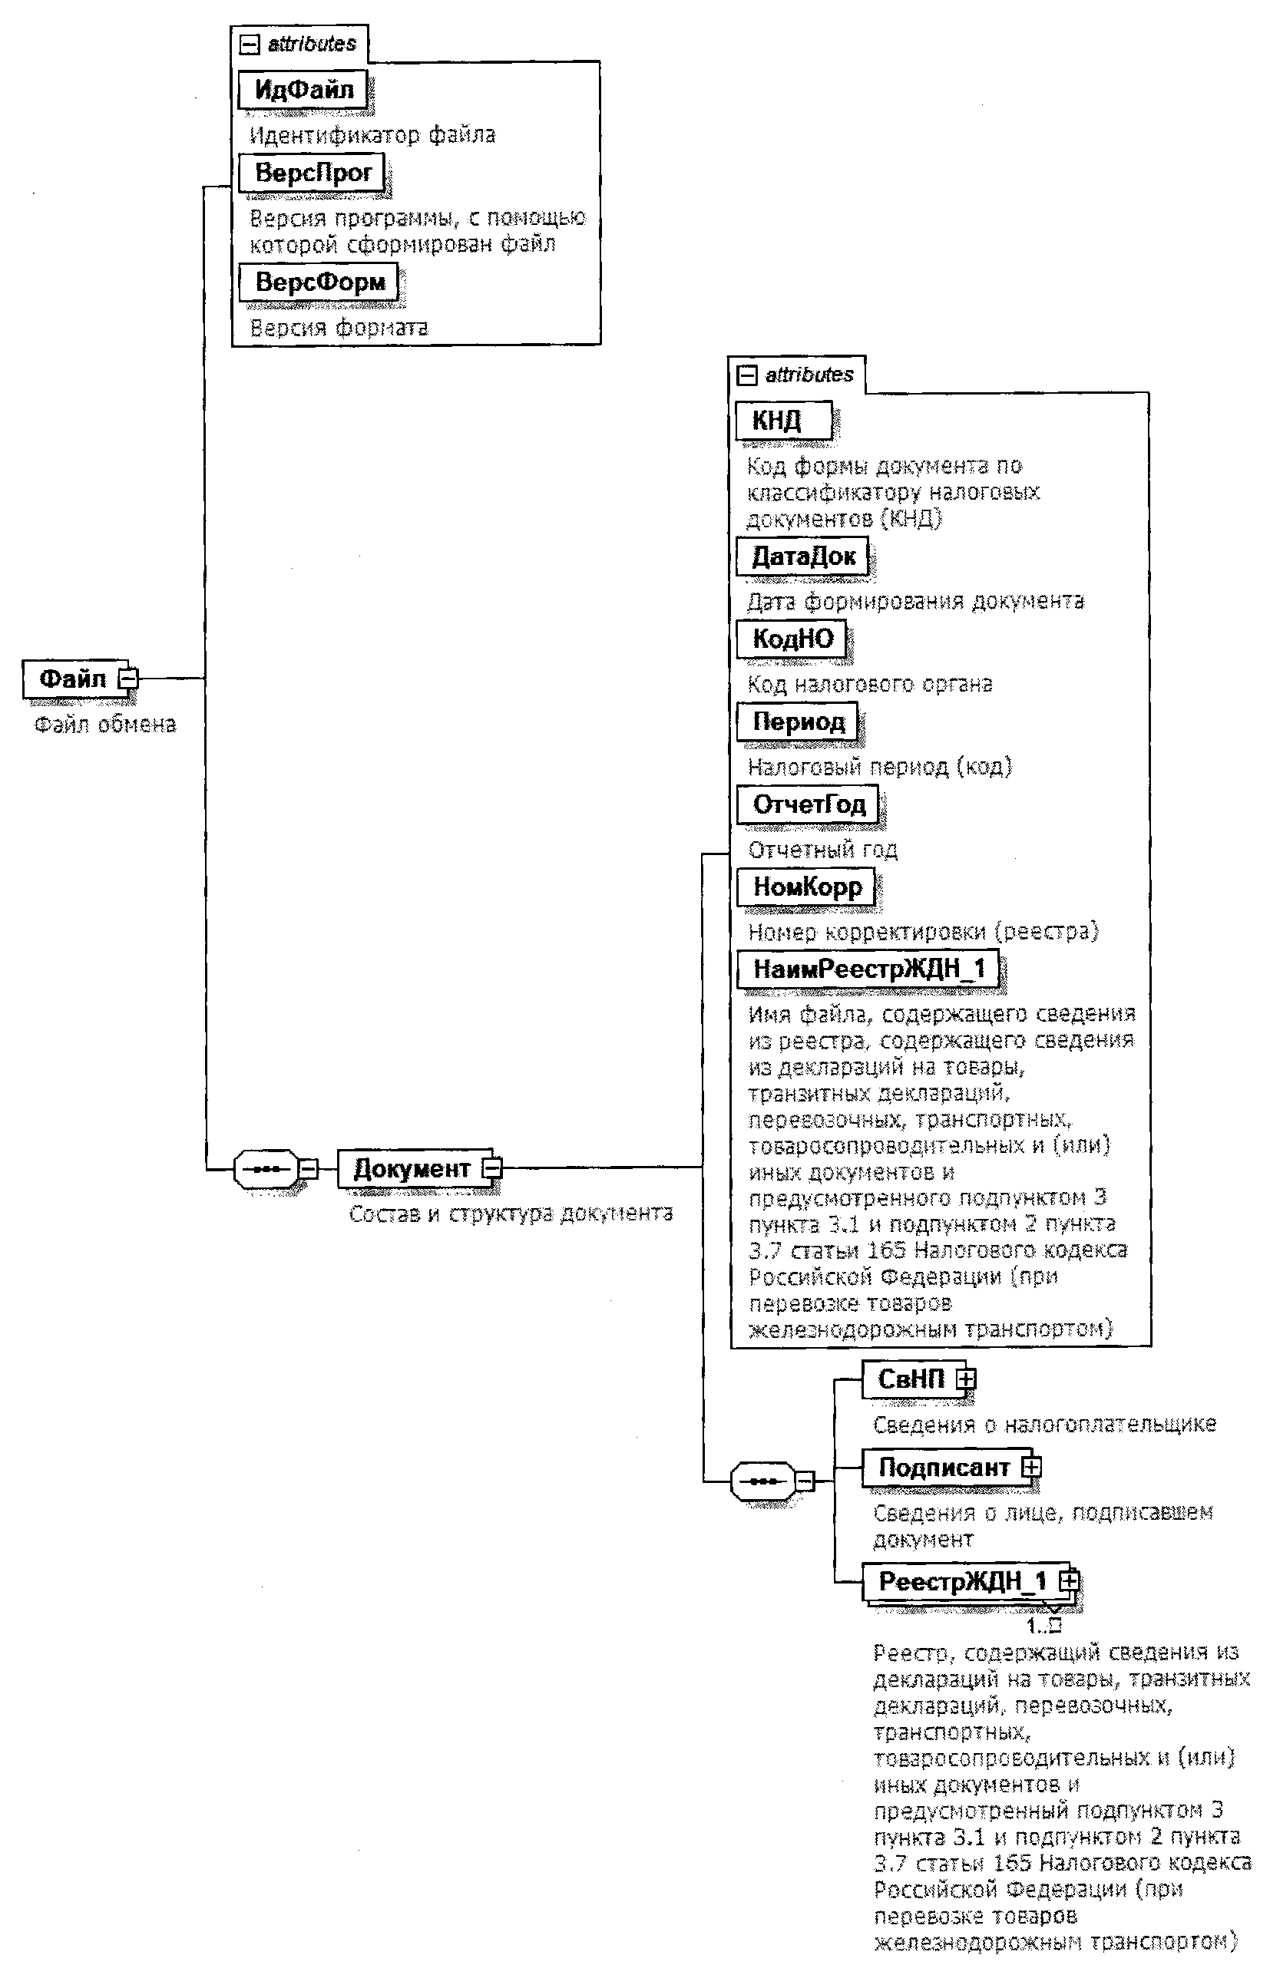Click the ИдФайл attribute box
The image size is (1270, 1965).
coord(303,90)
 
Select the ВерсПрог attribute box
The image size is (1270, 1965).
coord(312,173)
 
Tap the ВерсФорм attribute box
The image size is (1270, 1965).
coord(319,282)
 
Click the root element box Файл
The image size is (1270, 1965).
coord(73,679)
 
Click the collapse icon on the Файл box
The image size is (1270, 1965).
coord(129,679)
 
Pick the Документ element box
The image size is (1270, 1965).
coord(411,1169)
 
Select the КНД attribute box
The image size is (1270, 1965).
coord(782,421)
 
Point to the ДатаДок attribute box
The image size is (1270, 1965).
coord(802,557)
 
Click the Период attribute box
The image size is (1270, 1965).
coord(798,722)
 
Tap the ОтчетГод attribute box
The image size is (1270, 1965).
coord(807,804)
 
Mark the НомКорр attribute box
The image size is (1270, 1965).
coord(805,888)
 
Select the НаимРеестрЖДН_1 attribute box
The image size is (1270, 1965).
coord(868,969)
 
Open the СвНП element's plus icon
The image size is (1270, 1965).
coord(966,1379)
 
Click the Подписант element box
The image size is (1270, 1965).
coord(944,1468)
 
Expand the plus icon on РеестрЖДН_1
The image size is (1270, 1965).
coord(1069,1581)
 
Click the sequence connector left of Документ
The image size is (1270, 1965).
coord(266,1169)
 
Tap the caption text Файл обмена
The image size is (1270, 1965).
coord(104,725)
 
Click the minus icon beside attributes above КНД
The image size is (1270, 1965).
coord(747,376)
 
